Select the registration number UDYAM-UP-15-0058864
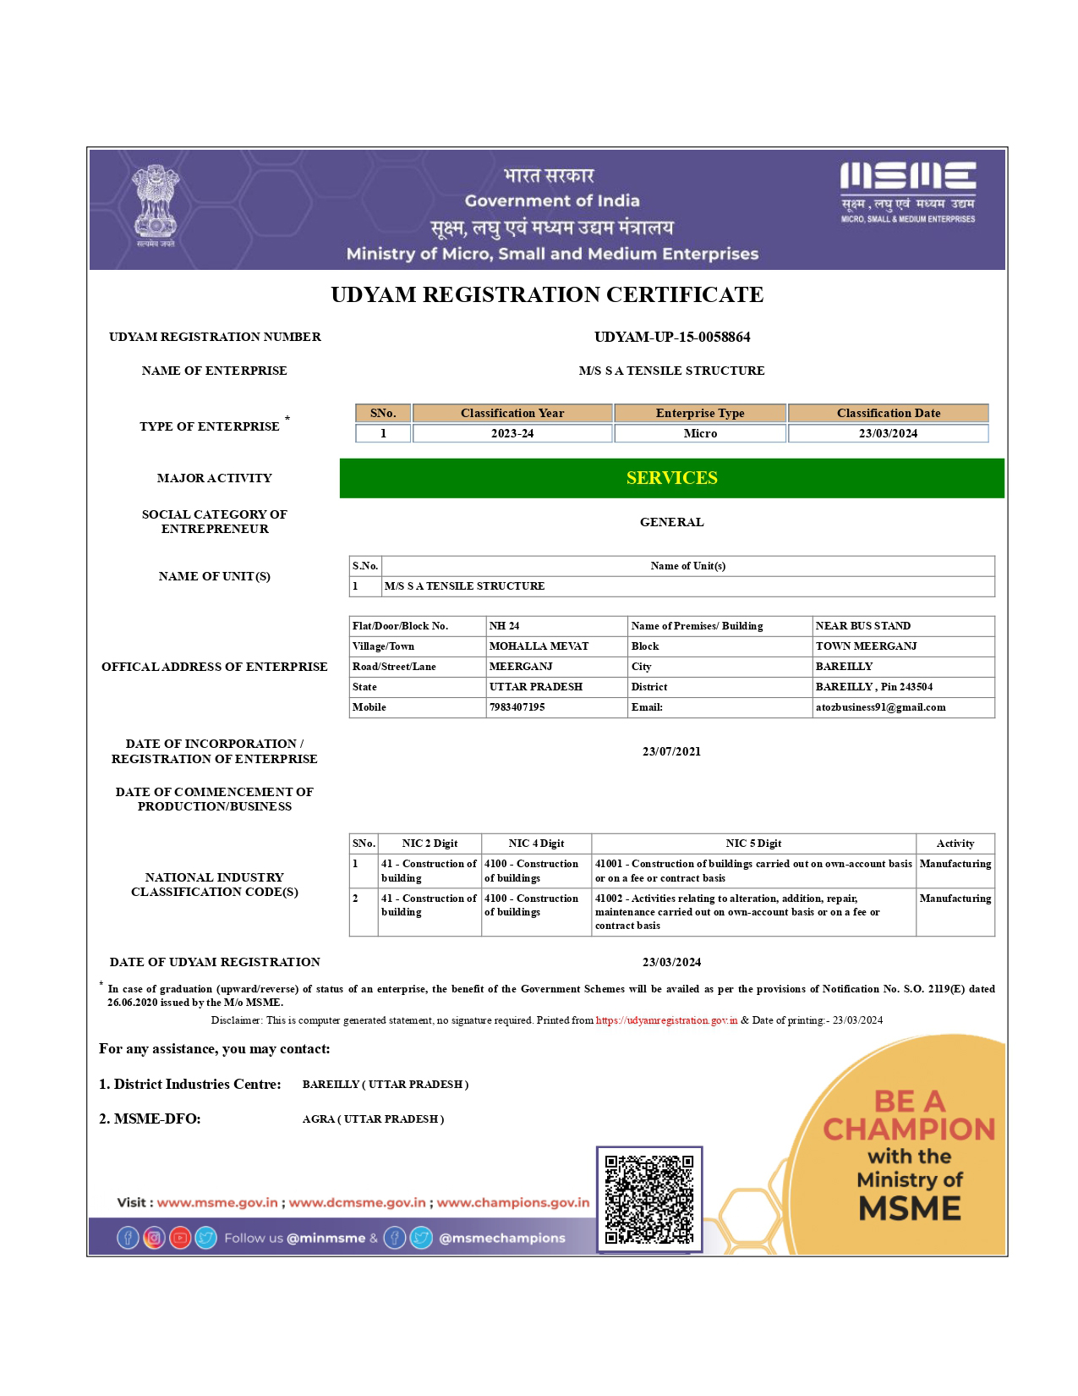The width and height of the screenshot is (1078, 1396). (672, 337)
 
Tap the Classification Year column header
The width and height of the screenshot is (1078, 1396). (512, 413)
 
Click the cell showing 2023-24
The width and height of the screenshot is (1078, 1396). (512, 433)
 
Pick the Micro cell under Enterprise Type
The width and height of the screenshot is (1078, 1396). (700, 433)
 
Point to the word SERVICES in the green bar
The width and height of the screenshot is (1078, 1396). (671, 478)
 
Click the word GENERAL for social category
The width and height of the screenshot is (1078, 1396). (671, 522)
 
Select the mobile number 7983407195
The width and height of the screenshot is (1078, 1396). (517, 707)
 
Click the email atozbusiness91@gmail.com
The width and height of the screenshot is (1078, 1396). (880, 707)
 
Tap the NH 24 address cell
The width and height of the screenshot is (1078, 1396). (505, 626)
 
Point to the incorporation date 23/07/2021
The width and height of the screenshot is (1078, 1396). (671, 751)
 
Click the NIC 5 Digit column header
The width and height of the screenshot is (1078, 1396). (753, 844)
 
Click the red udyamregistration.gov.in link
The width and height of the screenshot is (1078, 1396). (666, 1020)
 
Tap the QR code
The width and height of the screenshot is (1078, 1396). (649, 1200)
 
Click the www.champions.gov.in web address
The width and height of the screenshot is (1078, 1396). (513, 1202)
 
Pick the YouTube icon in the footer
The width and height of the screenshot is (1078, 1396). (180, 1238)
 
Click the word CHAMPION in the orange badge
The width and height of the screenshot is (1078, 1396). (909, 1129)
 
